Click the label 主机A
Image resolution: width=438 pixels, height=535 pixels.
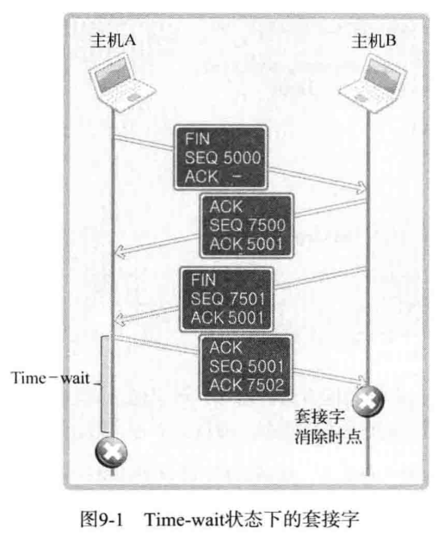point(113,40)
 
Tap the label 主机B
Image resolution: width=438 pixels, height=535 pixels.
point(373,40)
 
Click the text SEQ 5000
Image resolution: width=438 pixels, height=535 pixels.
point(223,158)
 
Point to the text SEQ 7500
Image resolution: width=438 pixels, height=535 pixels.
point(248,225)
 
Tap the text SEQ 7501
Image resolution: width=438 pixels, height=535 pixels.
point(228,299)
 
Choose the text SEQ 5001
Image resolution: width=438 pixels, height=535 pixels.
point(246,366)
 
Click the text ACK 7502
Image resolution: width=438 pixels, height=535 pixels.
point(247,385)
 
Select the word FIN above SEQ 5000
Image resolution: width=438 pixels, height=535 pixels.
point(197,140)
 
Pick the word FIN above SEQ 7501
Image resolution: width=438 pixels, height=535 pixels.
point(203,280)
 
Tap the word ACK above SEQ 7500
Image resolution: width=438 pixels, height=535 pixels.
point(226,207)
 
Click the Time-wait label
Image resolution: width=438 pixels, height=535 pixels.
point(51,377)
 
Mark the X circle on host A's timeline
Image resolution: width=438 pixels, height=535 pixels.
point(111,453)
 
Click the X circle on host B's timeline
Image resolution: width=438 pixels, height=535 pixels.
point(367,401)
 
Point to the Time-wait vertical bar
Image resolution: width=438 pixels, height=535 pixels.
point(105,384)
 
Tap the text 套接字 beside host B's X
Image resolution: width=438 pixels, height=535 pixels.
point(319,416)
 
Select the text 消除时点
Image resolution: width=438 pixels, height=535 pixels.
point(328,437)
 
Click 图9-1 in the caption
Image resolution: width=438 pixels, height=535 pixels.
point(102,519)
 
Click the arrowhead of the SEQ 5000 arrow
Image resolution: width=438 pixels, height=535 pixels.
point(362,187)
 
